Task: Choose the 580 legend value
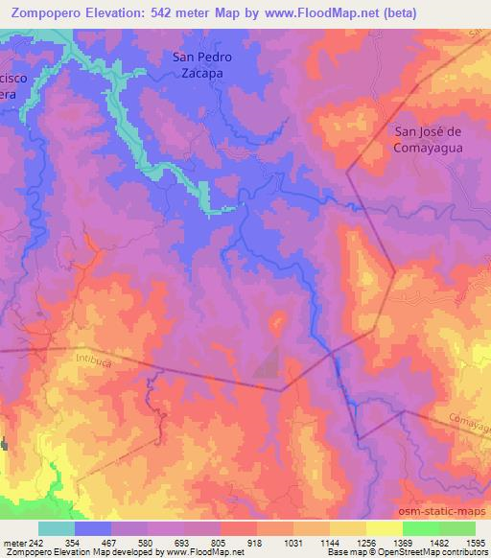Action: coord(147,543)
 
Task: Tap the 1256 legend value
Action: coord(365,543)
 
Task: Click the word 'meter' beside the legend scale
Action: coord(13,543)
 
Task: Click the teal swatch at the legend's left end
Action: coord(57,528)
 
